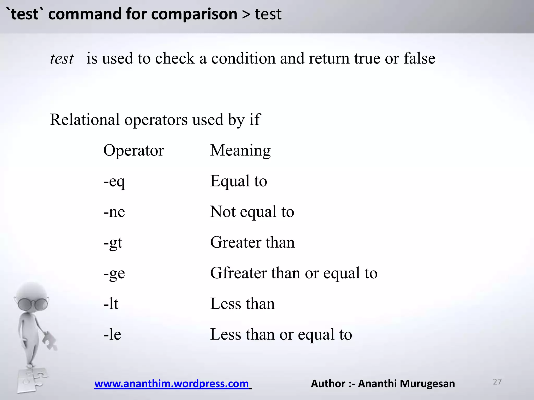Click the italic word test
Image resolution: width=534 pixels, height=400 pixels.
pos(62,59)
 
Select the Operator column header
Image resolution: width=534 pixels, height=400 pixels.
pos(133,151)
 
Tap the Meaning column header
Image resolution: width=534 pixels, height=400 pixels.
pos(240,151)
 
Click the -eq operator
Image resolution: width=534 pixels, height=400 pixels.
pos(114,181)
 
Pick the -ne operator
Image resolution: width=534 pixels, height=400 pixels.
pos(114,212)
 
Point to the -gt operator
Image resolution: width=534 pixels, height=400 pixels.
pos(113,242)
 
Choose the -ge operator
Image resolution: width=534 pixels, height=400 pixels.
pos(114,273)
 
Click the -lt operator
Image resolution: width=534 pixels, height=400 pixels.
pos(111,304)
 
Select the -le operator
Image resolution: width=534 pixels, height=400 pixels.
pos(112,334)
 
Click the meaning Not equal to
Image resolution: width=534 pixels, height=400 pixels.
pos(252,212)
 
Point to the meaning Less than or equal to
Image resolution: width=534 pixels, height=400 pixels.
pos(281,334)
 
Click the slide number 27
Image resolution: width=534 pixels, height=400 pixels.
pos(497,382)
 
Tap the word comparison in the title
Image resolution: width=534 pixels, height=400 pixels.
pos(194,14)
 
